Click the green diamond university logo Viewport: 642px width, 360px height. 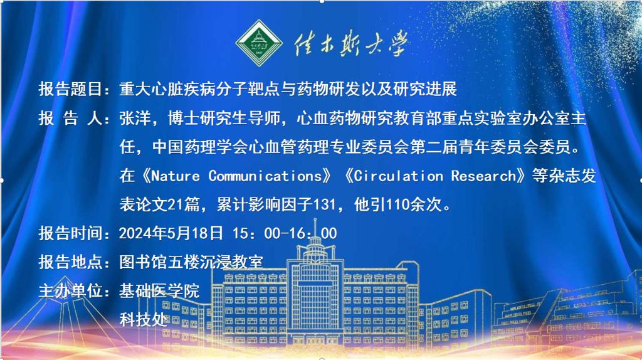259,43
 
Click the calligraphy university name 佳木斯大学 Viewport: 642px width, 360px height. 350,43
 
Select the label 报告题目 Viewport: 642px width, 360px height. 70,89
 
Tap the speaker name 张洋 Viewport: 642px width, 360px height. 135,119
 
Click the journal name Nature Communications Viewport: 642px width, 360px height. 236,176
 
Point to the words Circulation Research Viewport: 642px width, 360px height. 434,176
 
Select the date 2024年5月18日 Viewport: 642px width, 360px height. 171,233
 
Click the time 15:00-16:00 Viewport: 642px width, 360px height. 285,233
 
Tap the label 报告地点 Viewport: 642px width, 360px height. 70,262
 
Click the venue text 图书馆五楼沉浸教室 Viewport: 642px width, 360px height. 191,262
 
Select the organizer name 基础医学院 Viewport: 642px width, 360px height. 159,291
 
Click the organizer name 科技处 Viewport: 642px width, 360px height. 144,319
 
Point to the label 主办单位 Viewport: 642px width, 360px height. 70,291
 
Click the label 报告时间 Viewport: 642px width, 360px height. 70,233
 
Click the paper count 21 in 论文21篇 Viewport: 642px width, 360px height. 176,204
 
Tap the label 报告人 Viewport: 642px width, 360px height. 70,119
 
